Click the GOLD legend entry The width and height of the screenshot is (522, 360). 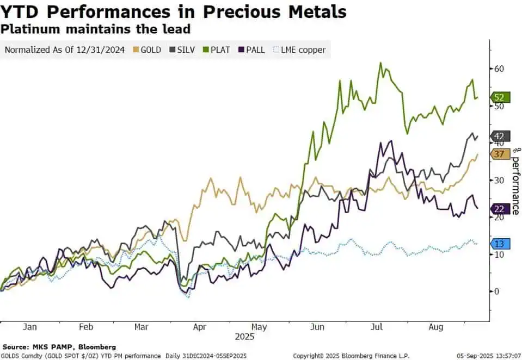(147, 50)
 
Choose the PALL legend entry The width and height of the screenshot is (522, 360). (251, 50)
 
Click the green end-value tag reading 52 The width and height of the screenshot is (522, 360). (500, 97)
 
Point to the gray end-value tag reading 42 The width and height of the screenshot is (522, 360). (500, 136)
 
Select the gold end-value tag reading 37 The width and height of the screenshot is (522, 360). (500, 154)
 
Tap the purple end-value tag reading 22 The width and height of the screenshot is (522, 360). (500, 209)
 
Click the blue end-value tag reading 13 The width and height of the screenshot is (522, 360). (500, 244)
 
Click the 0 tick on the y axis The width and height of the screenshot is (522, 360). (496, 291)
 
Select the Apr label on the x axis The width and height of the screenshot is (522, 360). (200, 327)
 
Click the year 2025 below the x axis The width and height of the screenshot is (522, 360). (244, 336)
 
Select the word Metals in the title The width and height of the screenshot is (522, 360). (310, 11)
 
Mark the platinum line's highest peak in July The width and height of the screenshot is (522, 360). (380, 63)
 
